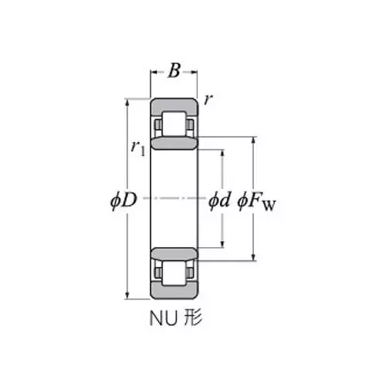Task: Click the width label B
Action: pos(174,72)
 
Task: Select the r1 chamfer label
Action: pos(138,148)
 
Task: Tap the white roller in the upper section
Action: pos(174,124)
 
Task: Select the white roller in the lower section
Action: pos(174,272)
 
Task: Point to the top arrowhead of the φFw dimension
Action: pos(253,140)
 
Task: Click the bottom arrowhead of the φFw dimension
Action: pos(253,256)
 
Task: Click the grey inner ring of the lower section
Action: pos(174,253)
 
